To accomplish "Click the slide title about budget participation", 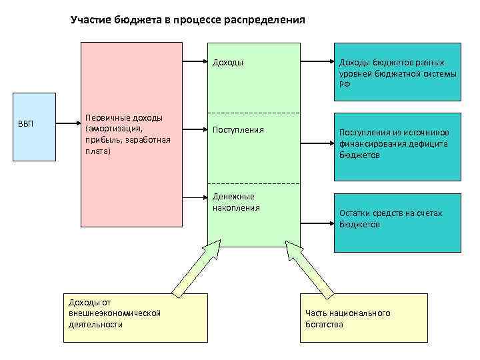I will (187, 20).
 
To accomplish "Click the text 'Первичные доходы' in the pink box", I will (125, 118).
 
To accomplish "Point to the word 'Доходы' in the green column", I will (228, 63).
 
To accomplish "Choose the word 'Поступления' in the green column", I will (238, 129).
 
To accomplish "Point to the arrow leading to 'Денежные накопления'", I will (195, 197).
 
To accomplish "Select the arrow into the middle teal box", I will (317, 141).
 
